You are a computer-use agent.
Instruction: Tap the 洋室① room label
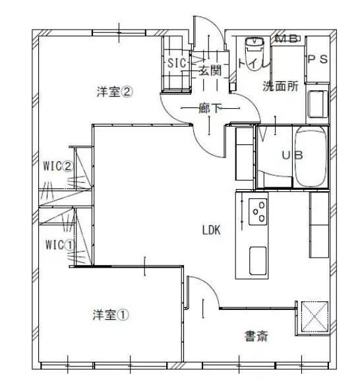click(110, 315)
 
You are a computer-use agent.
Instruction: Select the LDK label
click(210, 230)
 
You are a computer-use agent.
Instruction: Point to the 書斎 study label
click(256, 336)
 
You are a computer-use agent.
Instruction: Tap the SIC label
click(176, 64)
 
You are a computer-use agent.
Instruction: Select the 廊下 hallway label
click(210, 108)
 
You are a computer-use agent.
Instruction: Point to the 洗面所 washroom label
click(281, 86)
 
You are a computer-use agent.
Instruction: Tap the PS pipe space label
click(316, 59)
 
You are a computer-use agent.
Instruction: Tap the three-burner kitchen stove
click(258, 211)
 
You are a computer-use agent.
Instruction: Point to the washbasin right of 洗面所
click(317, 103)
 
